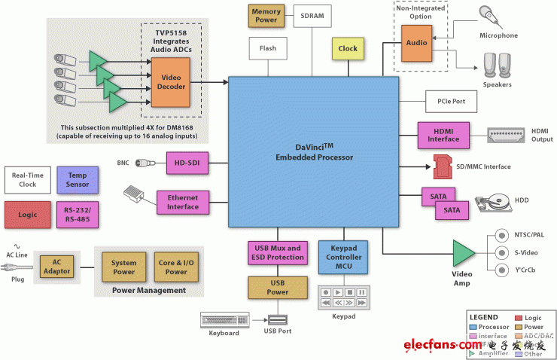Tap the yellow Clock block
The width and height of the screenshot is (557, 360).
coord(348,49)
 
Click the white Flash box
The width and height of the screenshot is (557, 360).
coord(267,48)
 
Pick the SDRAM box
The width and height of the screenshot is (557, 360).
coord(312,16)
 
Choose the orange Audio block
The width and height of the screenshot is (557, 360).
coord(417,42)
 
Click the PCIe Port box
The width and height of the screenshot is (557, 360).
coord(445,100)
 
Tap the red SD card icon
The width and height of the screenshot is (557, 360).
coord(442,166)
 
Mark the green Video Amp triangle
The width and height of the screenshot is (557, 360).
coord(464,252)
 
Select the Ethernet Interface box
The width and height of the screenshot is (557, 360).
coord(182,202)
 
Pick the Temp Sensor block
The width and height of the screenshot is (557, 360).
coord(78,179)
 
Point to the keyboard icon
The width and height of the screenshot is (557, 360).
coord(224,319)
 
